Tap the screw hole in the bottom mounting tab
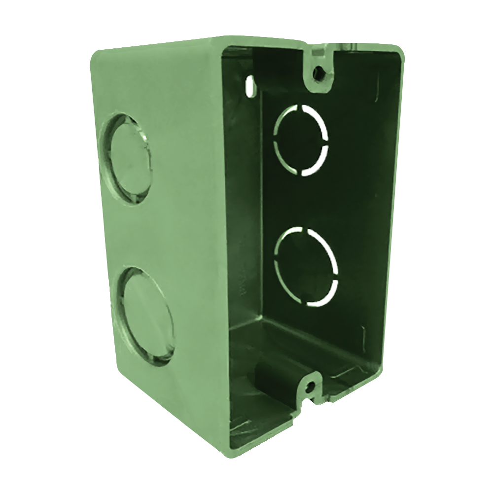pyautogui.click(x=309, y=387)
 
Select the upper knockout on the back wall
pyautogui.click(x=301, y=140)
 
